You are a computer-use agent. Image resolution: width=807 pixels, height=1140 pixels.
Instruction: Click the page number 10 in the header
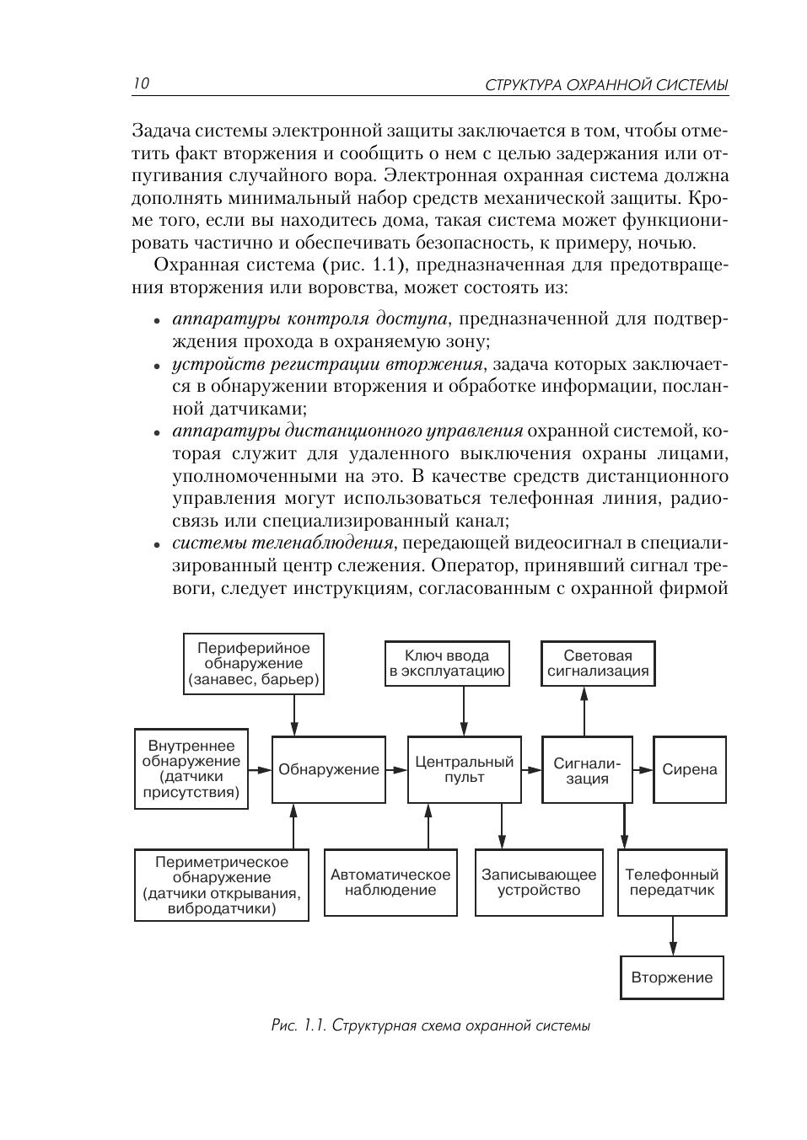141,83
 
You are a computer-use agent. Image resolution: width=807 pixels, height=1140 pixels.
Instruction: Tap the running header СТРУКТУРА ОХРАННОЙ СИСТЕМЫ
607,85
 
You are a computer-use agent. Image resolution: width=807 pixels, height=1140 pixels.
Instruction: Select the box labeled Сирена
689,769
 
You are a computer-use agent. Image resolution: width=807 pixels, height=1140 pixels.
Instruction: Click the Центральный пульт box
464,769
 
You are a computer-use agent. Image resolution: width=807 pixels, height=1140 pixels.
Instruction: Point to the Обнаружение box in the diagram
329,769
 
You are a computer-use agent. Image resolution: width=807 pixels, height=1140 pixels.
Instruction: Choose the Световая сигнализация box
598,664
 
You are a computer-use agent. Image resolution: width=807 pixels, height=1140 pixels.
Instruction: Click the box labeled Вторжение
672,977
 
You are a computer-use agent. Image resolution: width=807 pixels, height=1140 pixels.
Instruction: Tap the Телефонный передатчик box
672,882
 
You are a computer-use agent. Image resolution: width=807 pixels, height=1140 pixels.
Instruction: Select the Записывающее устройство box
539,882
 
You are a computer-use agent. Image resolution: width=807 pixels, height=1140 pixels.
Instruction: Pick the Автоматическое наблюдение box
390,882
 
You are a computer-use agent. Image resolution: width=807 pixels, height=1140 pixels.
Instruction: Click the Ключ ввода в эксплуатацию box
447,664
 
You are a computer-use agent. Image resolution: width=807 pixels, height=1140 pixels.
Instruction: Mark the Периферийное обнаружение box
254,664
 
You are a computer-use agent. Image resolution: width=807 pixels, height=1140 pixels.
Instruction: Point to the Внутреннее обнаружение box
191,769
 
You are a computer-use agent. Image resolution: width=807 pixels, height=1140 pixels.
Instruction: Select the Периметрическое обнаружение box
222,885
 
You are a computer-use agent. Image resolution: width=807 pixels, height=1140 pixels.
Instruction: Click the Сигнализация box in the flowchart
587,770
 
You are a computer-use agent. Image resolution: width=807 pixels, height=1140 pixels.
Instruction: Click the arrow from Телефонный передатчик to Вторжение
672,935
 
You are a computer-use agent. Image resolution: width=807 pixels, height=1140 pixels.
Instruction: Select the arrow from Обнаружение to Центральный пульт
396,769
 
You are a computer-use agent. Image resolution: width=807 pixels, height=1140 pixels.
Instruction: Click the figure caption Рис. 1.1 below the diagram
430,1025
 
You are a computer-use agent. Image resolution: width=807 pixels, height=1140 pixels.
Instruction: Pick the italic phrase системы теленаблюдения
283,543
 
